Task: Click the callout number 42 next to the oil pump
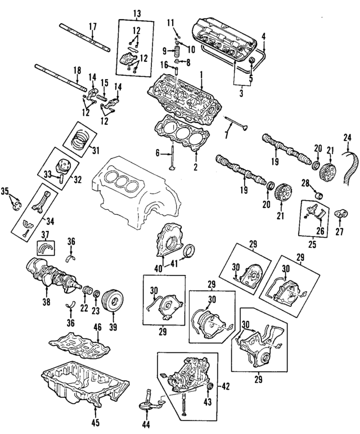(226, 386)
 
